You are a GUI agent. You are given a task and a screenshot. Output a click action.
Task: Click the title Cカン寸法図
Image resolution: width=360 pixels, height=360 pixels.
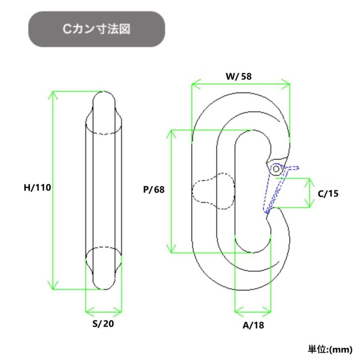point(96,29)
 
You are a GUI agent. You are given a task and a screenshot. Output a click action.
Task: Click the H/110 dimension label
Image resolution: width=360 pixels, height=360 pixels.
point(38,188)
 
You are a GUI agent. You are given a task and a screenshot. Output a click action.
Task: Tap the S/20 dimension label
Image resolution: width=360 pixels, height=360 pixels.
point(103,324)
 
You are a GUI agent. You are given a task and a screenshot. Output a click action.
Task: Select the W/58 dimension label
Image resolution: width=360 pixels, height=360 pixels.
point(239,76)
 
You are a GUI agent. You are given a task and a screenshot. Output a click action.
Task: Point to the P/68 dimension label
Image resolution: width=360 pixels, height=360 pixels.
point(154,190)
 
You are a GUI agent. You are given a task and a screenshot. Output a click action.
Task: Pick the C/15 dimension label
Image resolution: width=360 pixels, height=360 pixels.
point(328,194)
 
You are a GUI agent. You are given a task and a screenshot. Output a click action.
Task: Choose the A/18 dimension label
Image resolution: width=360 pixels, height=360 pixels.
point(253,325)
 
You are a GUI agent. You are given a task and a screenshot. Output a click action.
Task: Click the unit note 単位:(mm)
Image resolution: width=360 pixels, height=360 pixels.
point(330,350)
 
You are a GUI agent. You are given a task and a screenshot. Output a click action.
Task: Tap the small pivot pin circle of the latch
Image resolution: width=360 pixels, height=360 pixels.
point(276,169)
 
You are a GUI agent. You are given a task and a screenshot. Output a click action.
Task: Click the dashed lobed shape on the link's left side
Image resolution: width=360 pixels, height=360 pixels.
point(213,191)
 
